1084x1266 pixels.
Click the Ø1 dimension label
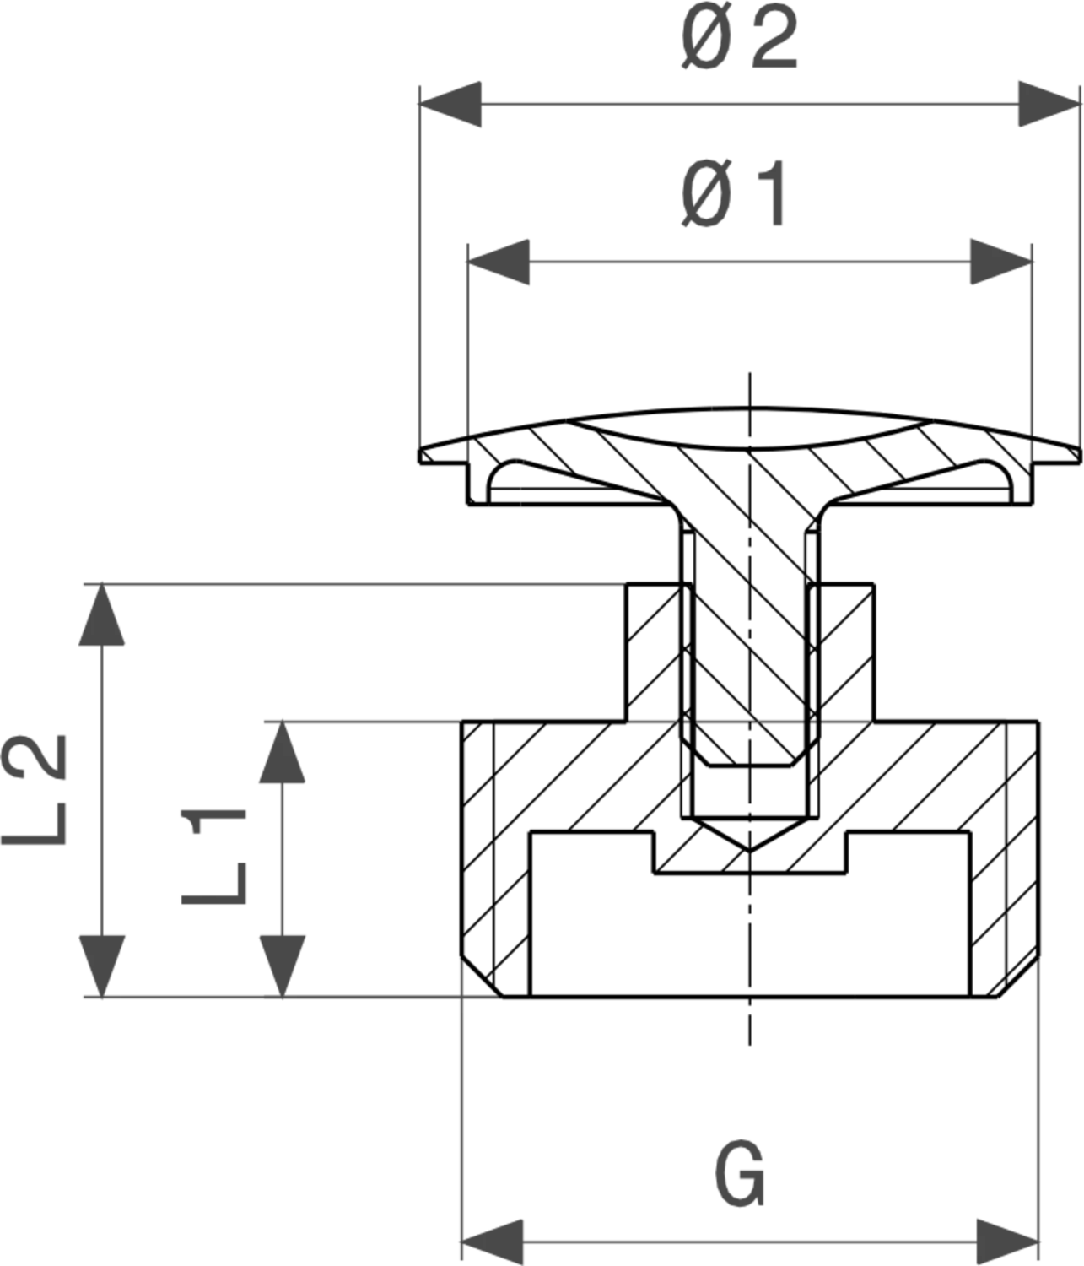733,194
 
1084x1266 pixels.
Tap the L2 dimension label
34,789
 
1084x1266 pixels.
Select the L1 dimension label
213,857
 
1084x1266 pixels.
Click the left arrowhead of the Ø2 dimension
450,104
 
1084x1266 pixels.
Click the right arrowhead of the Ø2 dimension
1049,104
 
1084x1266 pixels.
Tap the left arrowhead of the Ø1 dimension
499,262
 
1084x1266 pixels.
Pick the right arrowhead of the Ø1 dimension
1001,262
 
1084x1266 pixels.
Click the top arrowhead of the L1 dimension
282,752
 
